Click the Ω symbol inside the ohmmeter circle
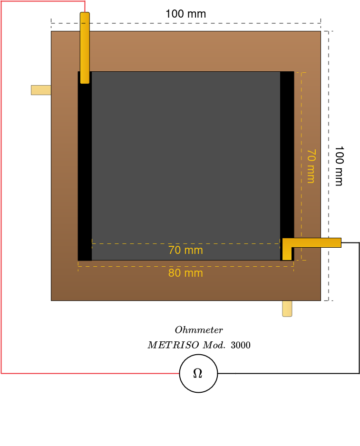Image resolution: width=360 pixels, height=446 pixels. point(198,374)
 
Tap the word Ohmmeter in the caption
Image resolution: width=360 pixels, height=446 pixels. point(199,330)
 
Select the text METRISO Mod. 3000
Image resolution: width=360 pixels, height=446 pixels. point(199,345)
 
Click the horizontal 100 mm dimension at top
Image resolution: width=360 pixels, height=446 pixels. point(185,14)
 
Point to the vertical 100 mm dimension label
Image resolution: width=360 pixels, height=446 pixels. point(339,165)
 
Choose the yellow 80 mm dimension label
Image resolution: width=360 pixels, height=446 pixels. point(185,273)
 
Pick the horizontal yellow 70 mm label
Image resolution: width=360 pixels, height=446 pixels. point(185,250)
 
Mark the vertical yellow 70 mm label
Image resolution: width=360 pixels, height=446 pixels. point(311,165)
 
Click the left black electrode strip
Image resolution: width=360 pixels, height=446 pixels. point(85,171)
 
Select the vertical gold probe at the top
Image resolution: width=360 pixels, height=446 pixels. point(85,48)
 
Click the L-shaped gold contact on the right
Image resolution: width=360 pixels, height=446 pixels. point(311,242)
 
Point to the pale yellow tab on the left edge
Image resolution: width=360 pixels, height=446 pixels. point(41,90)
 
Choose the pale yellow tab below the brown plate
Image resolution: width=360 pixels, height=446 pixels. point(287,309)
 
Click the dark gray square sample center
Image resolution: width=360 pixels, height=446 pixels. point(185,162)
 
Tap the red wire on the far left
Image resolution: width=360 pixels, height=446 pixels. point(1,190)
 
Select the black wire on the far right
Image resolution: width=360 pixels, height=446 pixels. point(359,309)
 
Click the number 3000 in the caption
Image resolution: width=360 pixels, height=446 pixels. point(241,345)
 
